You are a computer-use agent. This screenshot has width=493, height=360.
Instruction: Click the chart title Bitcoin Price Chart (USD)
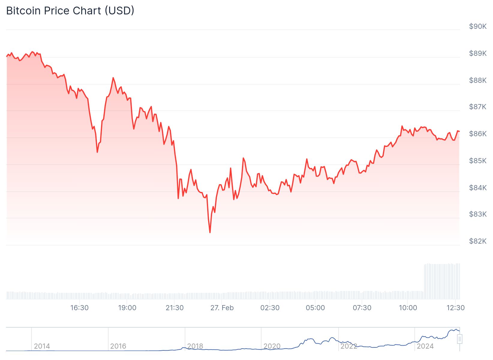tap(70, 11)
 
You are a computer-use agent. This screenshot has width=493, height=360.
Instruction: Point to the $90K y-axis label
tap(478, 26)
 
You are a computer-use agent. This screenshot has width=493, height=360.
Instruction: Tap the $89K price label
tap(478, 53)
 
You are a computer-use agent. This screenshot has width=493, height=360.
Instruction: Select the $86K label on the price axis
tap(478, 134)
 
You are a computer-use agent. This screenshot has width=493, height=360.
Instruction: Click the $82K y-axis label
tap(478, 241)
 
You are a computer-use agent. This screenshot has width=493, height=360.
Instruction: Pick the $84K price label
tap(478, 188)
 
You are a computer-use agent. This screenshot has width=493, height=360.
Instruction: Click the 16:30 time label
tap(79, 308)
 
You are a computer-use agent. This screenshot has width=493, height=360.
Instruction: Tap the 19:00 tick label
tap(127, 308)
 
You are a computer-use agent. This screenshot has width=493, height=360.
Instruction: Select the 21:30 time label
tap(175, 308)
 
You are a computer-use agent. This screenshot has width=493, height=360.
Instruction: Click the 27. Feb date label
tap(222, 308)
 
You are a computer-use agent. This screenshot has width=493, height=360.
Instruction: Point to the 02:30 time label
tap(270, 308)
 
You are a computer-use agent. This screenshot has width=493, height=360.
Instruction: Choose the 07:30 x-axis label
tap(362, 308)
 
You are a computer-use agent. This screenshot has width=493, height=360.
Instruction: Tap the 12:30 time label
tap(456, 308)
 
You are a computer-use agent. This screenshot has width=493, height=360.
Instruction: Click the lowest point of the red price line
tap(210, 232)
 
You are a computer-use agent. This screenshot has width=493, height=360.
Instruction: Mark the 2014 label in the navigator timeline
tap(42, 346)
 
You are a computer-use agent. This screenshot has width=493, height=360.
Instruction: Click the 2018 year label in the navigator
tap(195, 346)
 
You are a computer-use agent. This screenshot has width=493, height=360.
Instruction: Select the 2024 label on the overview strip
tap(425, 346)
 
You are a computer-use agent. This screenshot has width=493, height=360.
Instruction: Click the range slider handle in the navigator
tap(460, 339)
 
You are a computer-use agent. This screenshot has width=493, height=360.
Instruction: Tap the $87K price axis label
tap(478, 107)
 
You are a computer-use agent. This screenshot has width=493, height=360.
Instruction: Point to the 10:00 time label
tap(408, 308)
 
